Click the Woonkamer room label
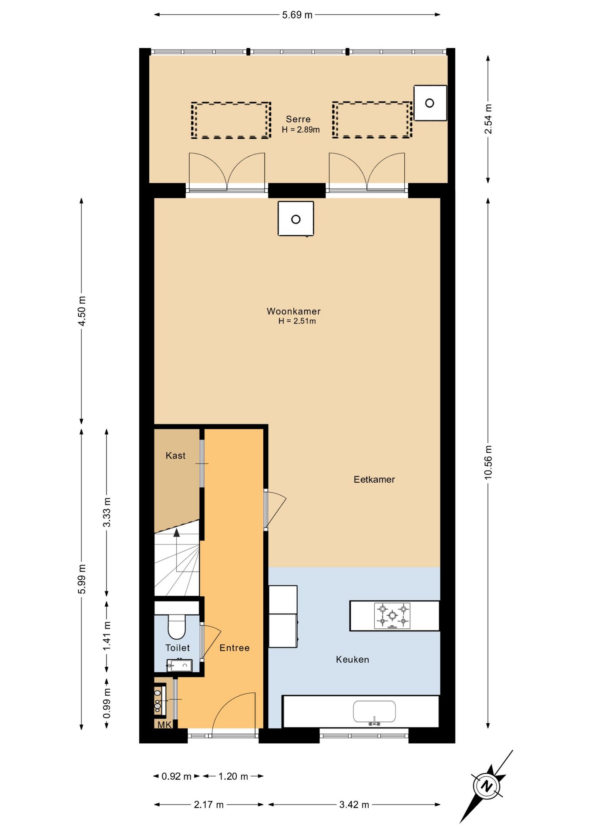pyautogui.click(x=293, y=311)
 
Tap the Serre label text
pyautogui.click(x=298, y=119)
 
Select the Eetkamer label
pyautogui.click(x=374, y=479)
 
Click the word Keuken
pyautogui.click(x=352, y=659)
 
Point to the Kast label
pyautogui.click(x=175, y=455)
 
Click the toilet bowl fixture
pyautogui.click(x=177, y=627)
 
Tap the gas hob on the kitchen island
pyautogui.click(x=392, y=615)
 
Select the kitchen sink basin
pyautogui.click(x=374, y=711)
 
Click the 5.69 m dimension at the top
pyautogui.click(x=297, y=15)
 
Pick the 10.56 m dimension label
pyautogui.click(x=488, y=462)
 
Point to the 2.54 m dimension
pyautogui.click(x=488, y=119)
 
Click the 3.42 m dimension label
pyautogui.click(x=354, y=805)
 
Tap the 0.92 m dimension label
pyautogui.click(x=176, y=776)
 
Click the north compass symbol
pyautogui.click(x=486, y=786)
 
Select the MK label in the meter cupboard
pyautogui.click(x=164, y=725)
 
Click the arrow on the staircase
pyautogui.click(x=177, y=533)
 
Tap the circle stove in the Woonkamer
pyautogui.click(x=296, y=219)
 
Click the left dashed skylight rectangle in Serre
pyautogui.click(x=231, y=120)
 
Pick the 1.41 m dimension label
pyautogui.click(x=107, y=636)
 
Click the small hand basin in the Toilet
pyautogui.click(x=180, y=665)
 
